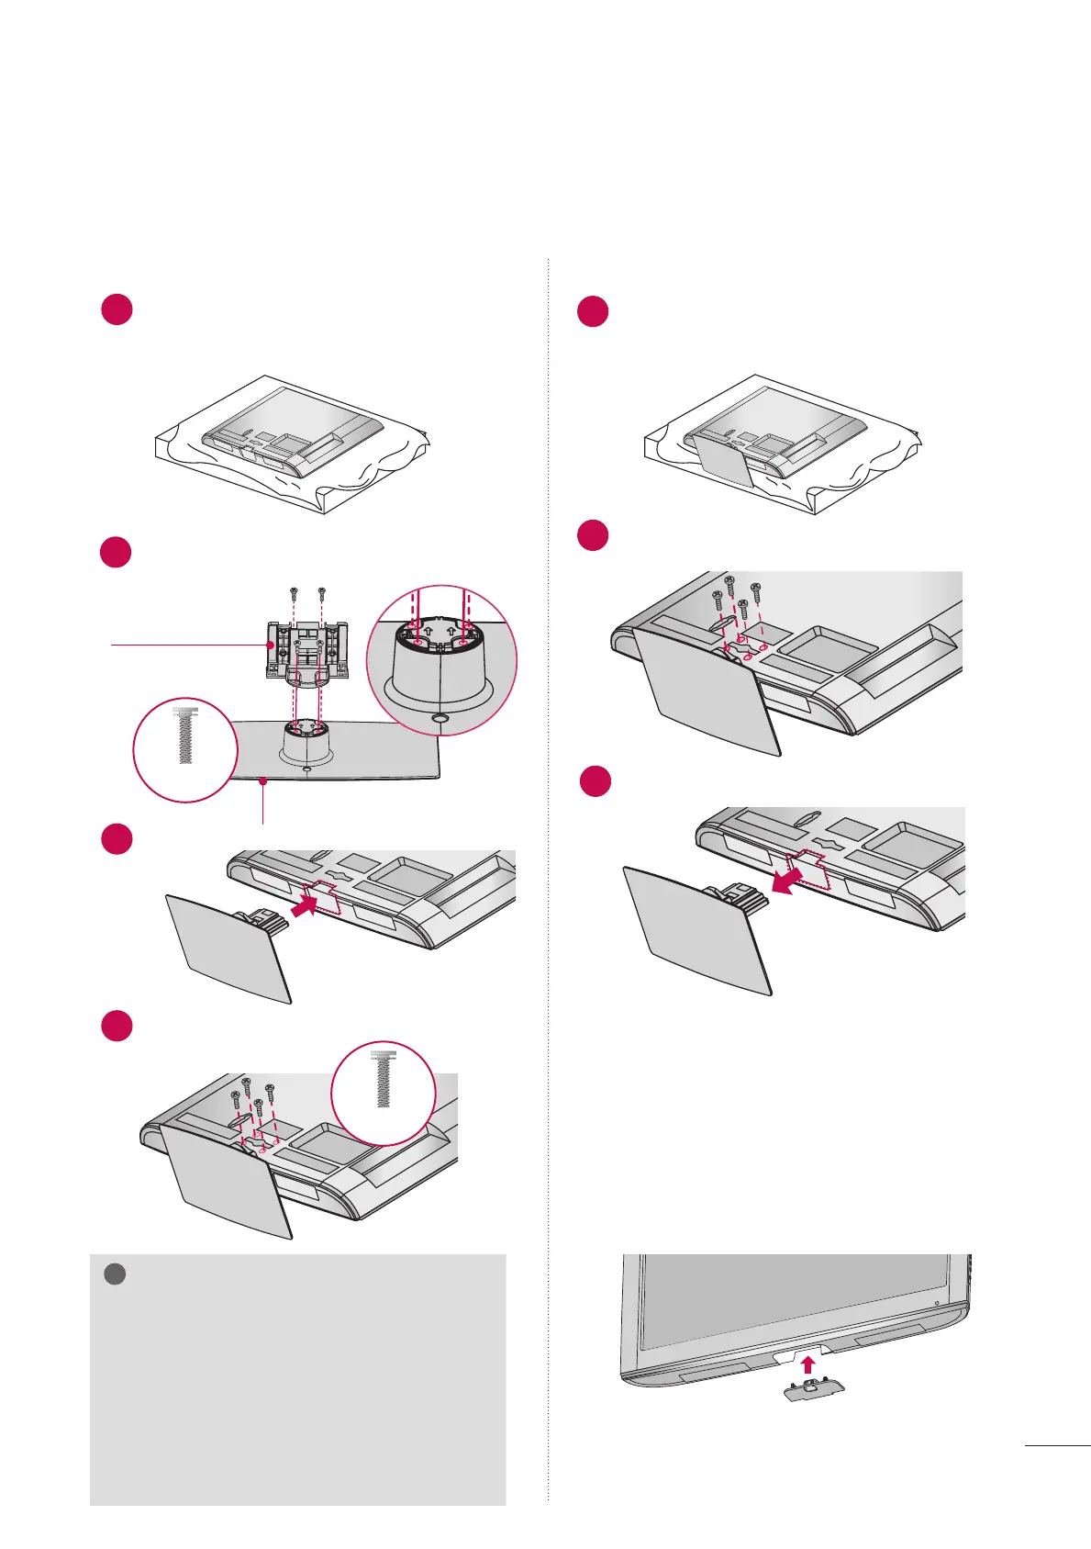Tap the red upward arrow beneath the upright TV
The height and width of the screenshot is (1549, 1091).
coord(808,1364)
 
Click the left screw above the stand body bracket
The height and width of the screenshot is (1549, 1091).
coord(293,591)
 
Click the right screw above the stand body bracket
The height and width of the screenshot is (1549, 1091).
coord(321,591)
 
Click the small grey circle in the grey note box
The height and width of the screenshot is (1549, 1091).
coord(115,1274)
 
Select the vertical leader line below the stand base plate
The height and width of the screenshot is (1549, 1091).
coord(263,803)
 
